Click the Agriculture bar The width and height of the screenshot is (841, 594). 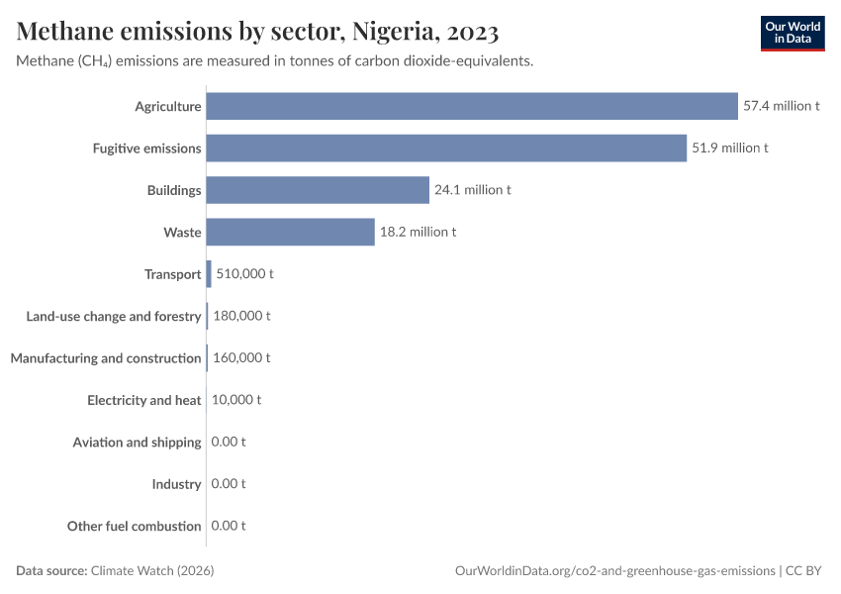pyautogui.click(x=472, y=106)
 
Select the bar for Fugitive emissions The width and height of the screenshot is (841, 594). pyautogui.click(x=446, y=148)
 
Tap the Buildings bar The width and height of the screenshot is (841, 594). pyautogui.click(x=318, y=190)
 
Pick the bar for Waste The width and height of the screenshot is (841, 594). pyautogui.click(x=290, y=232)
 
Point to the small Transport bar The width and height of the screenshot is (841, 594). pyautogui.click(x=209, y=274)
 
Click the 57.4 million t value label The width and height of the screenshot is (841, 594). pyautogui.click(x=782, y=106)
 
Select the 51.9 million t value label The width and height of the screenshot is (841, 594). pyautogui.click(x=730, y=148)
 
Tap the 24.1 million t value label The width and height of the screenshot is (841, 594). pyautogui.click(x=473, y=190)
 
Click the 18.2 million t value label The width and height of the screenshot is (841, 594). pyautogui.click(x=419, y=232)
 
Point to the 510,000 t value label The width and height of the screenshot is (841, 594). pyautogui.click(x=242, y=274)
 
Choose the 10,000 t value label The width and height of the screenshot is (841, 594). pyautogui.click(x=236, y=400)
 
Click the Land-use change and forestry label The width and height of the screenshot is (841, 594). pyautogui.click(x=114, y=316)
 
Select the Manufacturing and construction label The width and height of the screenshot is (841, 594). pyautogui.click(x=106, y=358)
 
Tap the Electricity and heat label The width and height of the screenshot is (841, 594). pyautogui.click(x=144, y=400)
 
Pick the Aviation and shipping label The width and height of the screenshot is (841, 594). pyautogui.click(x=138, y=443)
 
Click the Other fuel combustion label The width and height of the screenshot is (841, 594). pyautogui.click(x=135, y=527)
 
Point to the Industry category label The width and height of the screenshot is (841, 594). pyautogui.click(x=177, y=484)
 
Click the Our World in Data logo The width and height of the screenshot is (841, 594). pyautogui.click(x=793, y=33)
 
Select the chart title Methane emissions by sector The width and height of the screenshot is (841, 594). pyautogui.click(x=257, y=32)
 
